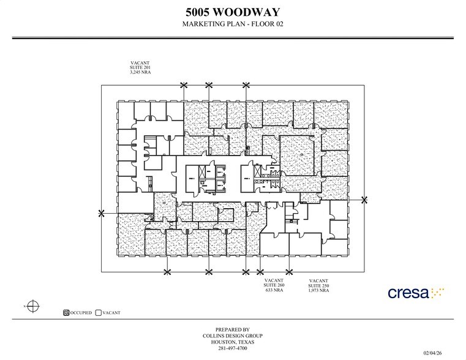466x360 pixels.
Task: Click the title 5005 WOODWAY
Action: pos(232,11)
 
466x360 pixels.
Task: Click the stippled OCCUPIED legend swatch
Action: pos(66,313)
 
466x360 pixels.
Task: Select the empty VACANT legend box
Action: pos(99,313)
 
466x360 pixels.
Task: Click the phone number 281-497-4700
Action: pos(232,348)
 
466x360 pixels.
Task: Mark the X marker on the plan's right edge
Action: pos(364,200)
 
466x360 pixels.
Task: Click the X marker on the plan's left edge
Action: pos(102,212)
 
